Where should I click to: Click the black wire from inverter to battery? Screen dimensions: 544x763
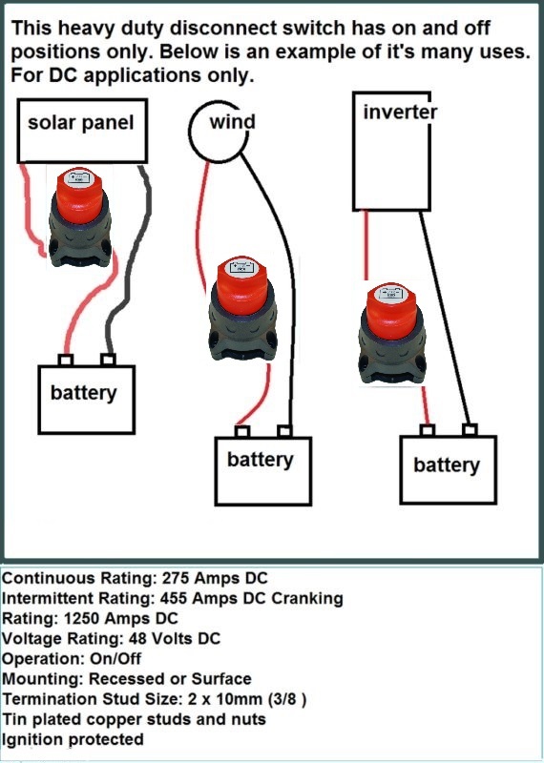(445, 318)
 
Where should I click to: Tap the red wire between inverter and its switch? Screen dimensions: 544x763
(366, 245)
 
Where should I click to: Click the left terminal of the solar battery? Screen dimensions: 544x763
(65, 361)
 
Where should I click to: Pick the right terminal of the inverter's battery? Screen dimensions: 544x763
(470, 430)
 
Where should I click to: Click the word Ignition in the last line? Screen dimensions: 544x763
(33, 740)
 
